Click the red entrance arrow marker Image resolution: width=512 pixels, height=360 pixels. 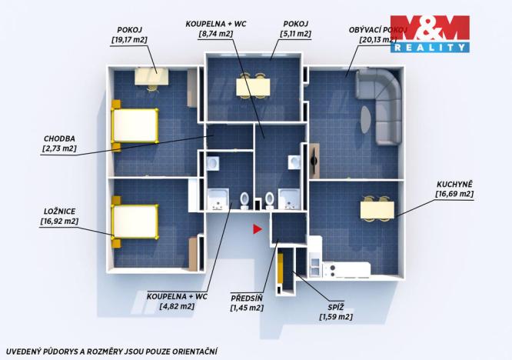258,228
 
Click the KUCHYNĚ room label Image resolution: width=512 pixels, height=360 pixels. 454,184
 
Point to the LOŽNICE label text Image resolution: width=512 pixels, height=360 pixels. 59,209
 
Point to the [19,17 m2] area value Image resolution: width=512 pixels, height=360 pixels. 131,39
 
